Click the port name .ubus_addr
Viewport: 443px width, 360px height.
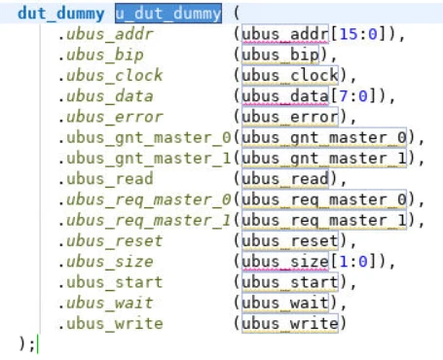100,35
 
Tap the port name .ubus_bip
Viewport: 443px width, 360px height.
95,54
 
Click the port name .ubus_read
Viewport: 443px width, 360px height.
100,178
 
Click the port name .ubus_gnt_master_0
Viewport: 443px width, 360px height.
143,137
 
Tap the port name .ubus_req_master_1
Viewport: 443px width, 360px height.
143,219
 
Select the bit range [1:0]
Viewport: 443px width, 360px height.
351,261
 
